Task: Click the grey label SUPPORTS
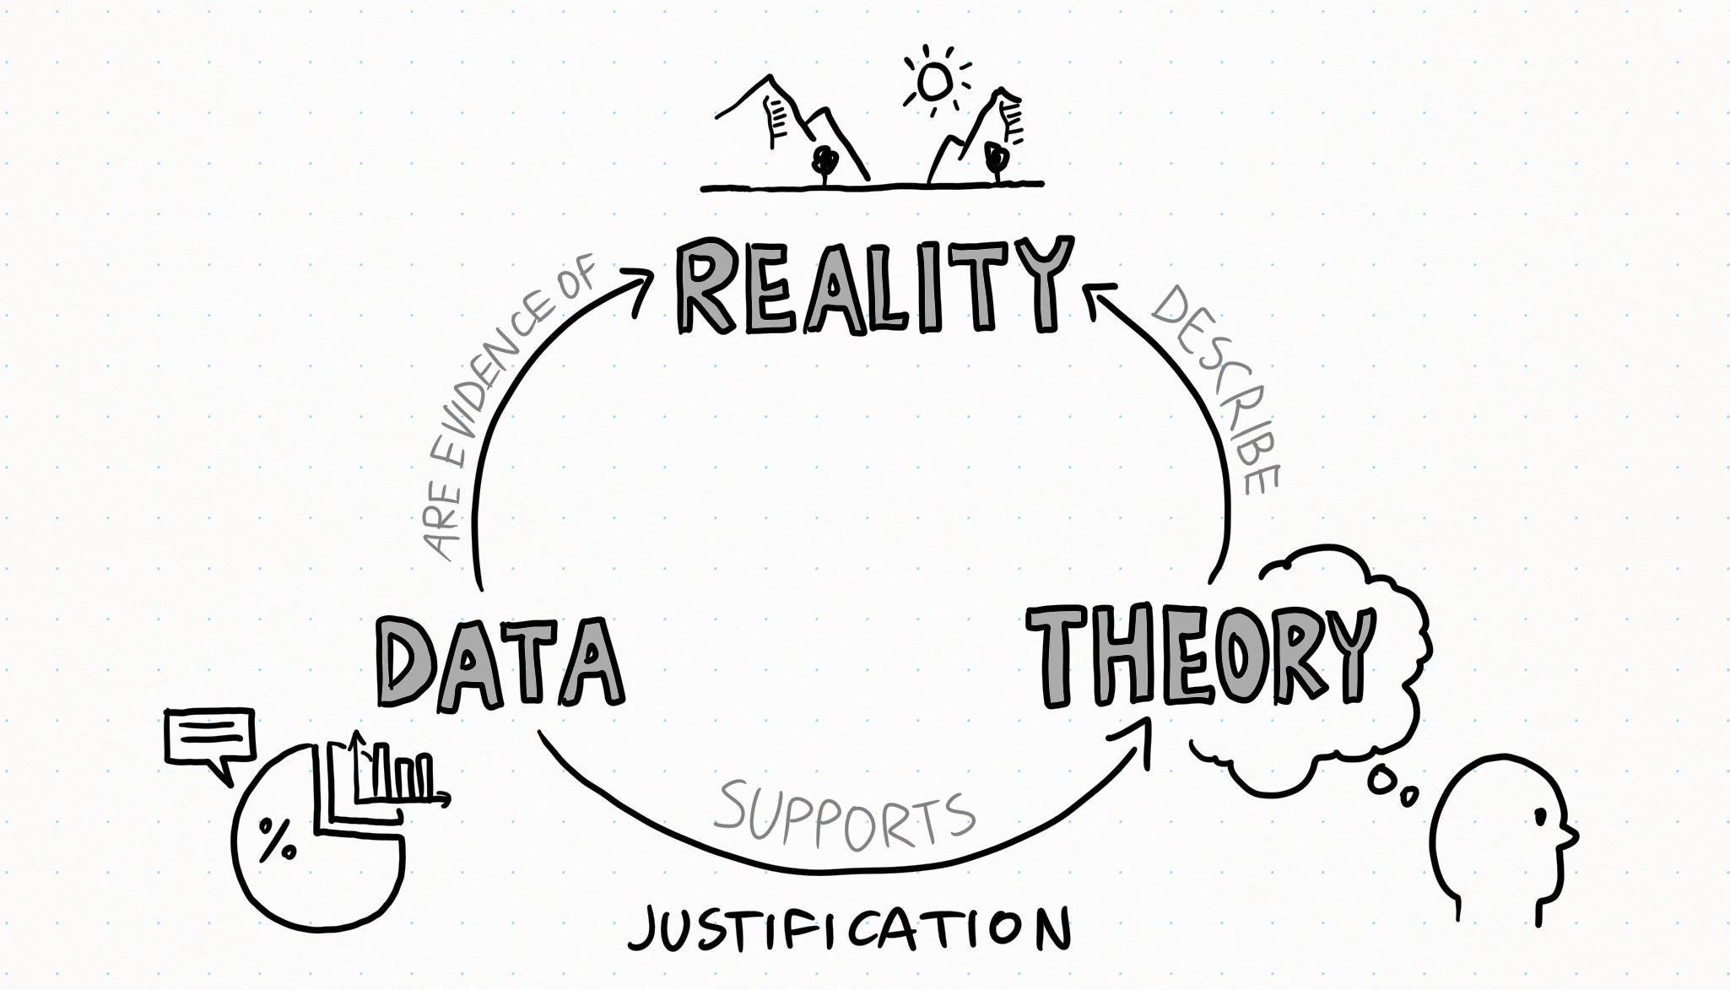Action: coord(844,814)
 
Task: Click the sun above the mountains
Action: coord(935,81)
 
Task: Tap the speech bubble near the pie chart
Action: coord(208,738)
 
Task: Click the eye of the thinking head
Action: coord(1540,816)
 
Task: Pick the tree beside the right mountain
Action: coord(997,159)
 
